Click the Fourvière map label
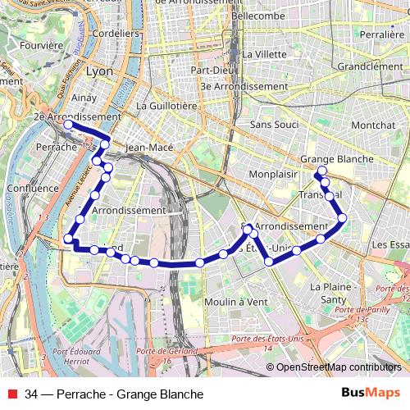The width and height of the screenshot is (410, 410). click(24, 47)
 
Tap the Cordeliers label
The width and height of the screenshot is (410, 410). click(116, 34)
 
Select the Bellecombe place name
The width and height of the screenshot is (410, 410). click(258, 16)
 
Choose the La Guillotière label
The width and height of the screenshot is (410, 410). click(167, 106)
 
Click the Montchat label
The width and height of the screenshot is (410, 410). click(372, 125)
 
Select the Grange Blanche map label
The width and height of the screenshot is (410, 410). click(337, 159)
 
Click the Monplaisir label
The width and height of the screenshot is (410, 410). click(273, 175)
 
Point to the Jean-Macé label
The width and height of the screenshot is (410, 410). click(148, 148)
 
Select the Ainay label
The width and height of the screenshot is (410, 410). click(84, 98)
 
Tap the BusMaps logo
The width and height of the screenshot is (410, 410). click(371, 394)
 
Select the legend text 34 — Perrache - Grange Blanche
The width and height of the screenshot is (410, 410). click(114, 394)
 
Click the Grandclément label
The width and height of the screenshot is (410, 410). click(370, 66)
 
